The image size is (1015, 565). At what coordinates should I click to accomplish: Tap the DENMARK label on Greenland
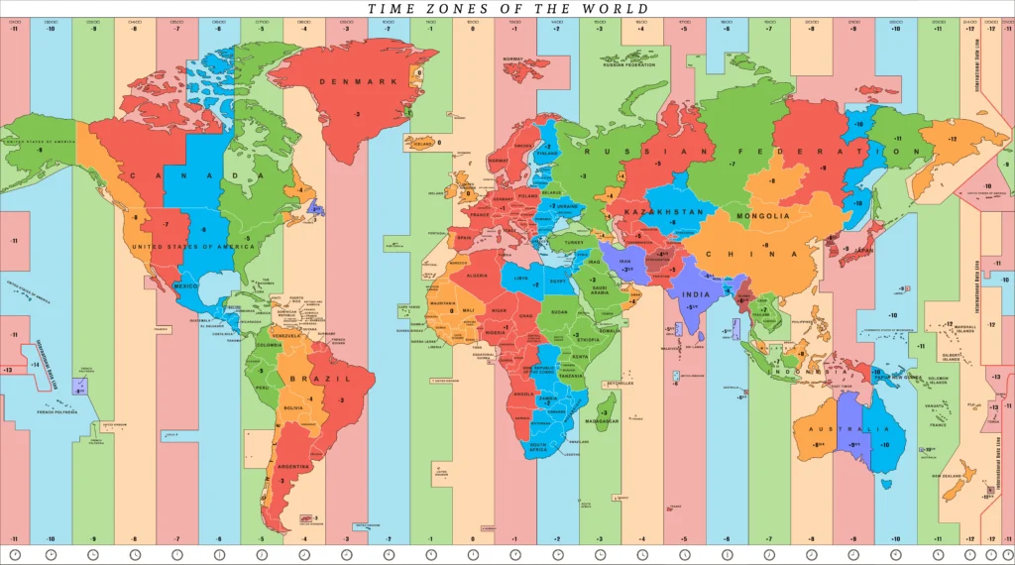coord(365,81)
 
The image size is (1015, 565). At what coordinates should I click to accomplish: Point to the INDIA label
coord(696,293)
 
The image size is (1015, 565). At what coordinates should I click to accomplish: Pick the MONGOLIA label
coord(763,215)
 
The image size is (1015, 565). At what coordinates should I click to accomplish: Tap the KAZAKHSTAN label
coord(663,212)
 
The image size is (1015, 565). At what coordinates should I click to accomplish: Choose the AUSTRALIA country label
coord(841,429)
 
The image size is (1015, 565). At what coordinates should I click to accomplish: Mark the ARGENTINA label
coord(294,466)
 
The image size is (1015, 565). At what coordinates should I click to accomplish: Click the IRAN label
coord(624,262)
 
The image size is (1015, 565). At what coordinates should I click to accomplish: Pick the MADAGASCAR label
coord(602,421)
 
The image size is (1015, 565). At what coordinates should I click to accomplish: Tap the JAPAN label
coord(865,251)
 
